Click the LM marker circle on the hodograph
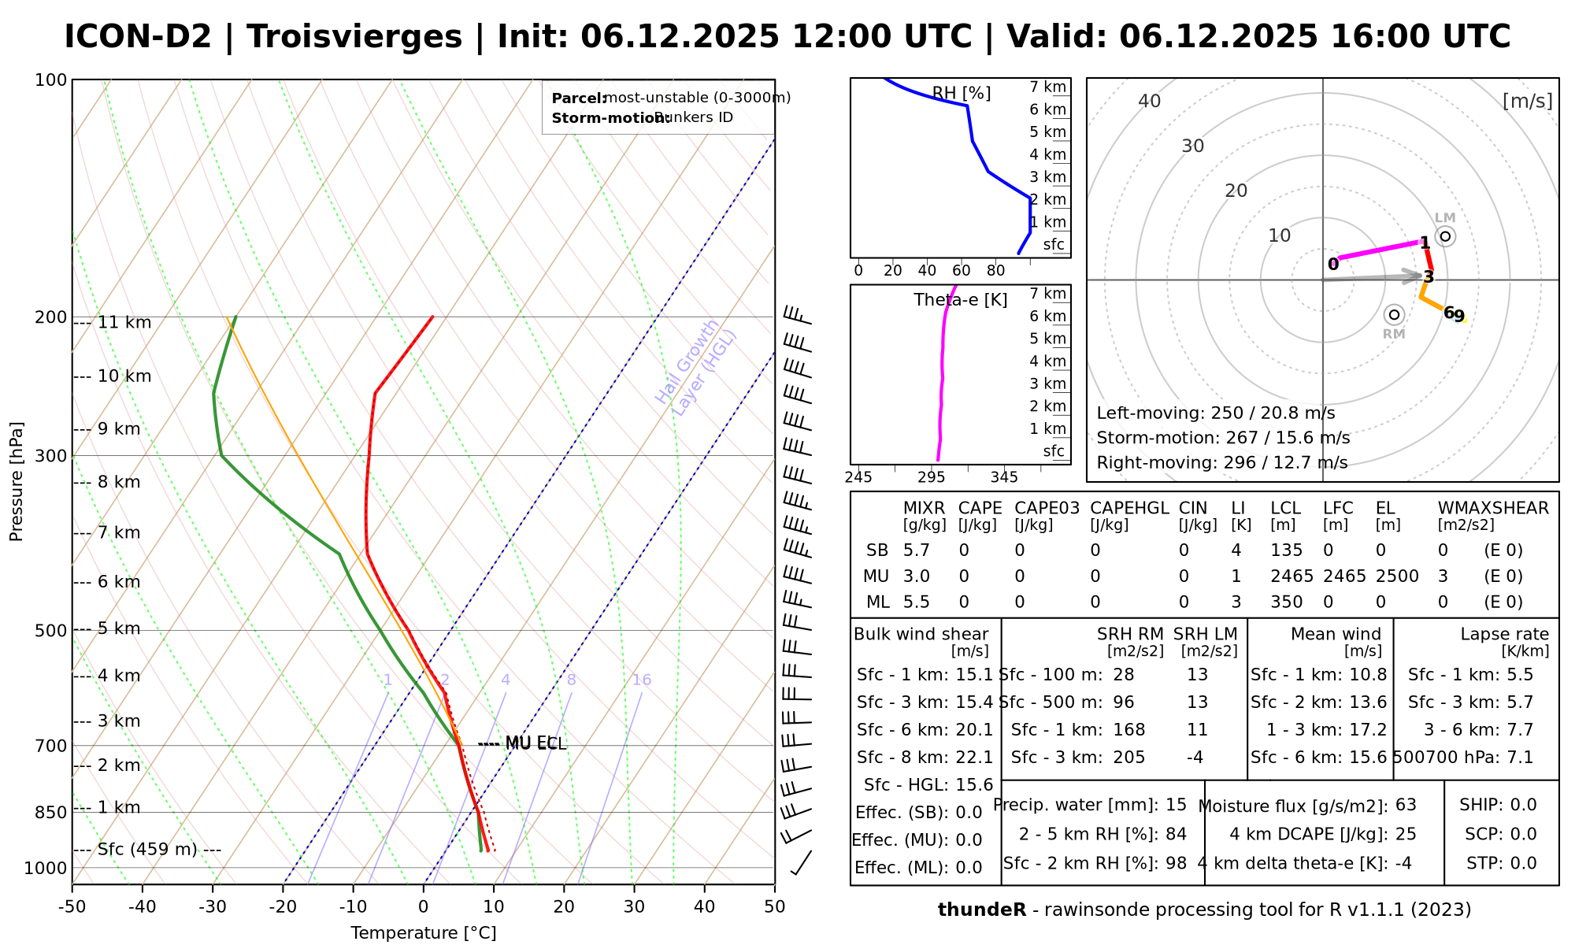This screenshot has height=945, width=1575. [1445, 236]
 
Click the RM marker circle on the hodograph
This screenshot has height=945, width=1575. [1394, 315]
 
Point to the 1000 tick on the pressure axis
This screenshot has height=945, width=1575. [45, 868]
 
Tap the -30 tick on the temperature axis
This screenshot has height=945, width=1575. [213, 906]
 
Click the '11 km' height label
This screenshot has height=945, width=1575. [124, 323]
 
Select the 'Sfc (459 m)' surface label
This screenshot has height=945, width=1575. [148, 850]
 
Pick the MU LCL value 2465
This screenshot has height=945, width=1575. [1291, 576]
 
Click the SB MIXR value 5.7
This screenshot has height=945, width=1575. [917, 550]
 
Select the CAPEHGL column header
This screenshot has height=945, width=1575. [1129, 509]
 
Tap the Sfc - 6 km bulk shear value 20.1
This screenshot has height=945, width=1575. [973, 730]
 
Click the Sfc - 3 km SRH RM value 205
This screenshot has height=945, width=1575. [1129, 758]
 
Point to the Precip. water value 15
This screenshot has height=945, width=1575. [1176, 805]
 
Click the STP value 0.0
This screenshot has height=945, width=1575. [1524, 863]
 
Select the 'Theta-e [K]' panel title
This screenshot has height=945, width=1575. [961, 300]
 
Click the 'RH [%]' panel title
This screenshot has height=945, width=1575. [962, 94]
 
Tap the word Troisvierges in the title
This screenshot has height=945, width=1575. [354, 37]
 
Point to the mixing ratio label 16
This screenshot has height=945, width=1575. [642, 680]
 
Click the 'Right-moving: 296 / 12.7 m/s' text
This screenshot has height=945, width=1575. [1221, 462]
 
